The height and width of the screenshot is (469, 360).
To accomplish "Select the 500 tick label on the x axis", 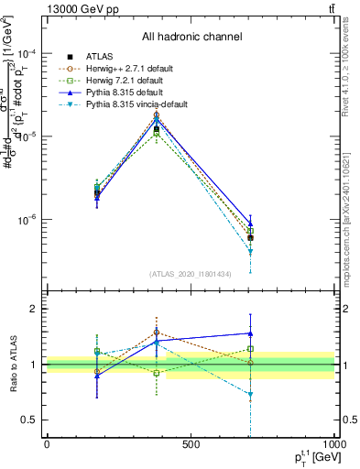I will click(191, 444).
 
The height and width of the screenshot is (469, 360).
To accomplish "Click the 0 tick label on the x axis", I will click(47, 444).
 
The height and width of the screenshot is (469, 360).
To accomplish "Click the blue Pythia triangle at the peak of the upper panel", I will click(157, 120).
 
